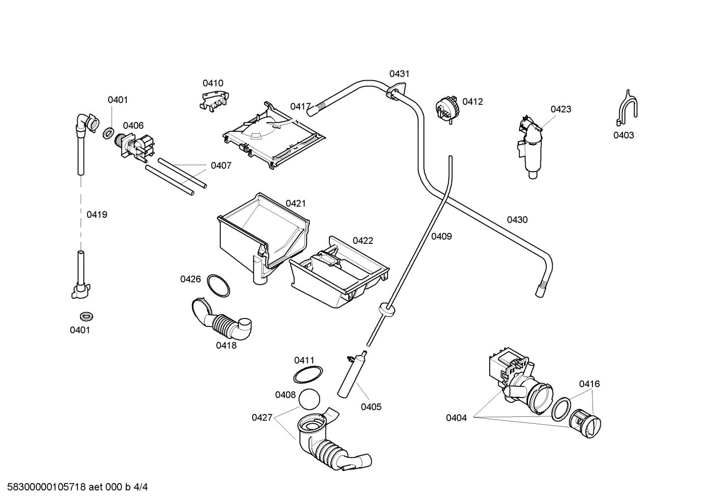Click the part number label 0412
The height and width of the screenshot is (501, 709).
tap(473, 102)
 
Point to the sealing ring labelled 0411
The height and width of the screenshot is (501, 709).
tap(308, 375)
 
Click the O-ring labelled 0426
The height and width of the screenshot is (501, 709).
tap(218, 285)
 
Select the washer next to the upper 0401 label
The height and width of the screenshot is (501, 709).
tap(109, 133)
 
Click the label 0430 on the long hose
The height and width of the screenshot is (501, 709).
tap(517, 220)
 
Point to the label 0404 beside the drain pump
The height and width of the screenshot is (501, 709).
tap(456, 418)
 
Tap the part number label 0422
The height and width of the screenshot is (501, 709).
tap(363, 240)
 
